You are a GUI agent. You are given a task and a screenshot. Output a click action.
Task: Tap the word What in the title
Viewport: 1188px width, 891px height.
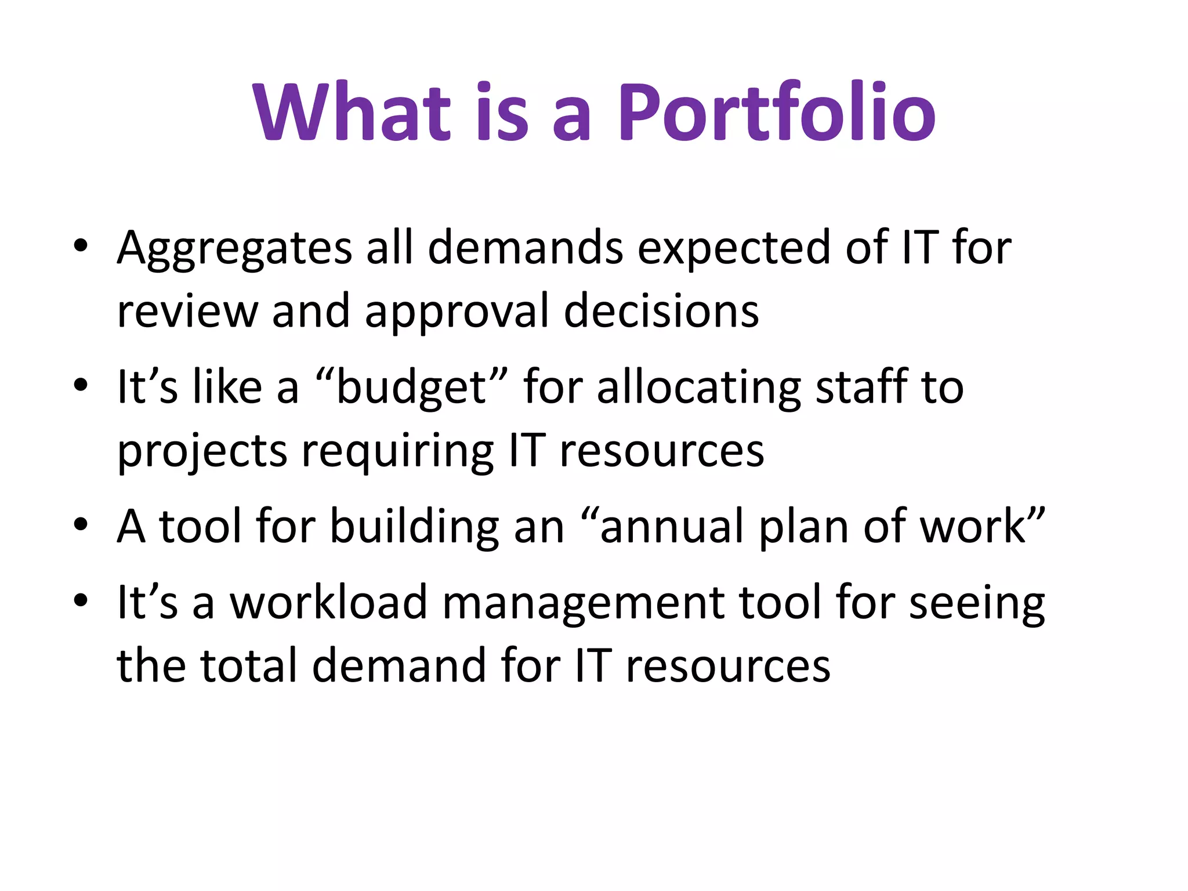[352, 113]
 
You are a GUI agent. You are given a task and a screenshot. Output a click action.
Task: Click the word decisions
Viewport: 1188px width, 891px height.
[661, 312]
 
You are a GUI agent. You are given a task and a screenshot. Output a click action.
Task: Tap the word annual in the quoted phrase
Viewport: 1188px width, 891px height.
[672, 527]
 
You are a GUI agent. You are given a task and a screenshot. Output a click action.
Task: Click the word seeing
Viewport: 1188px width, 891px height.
[977, 603]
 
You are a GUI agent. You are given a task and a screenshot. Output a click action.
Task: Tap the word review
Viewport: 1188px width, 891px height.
[187, 312]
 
